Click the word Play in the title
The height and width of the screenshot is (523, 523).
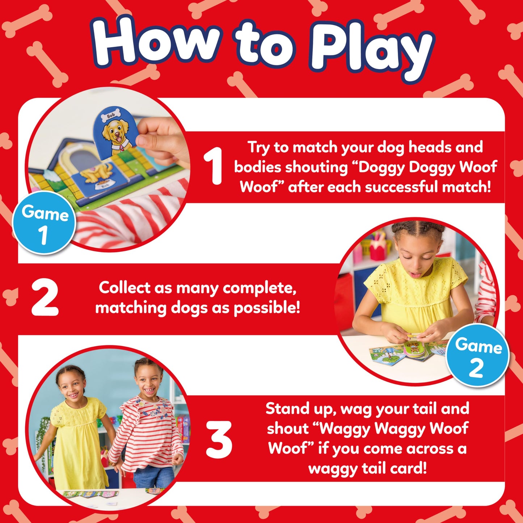click(371, 51)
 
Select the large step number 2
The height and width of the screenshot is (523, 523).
click(45, 298)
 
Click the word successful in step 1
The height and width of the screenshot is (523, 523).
click(402, 187)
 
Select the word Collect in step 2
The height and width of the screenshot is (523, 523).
click(124, 288)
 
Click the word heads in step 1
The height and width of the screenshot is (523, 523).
click(430, 147)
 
